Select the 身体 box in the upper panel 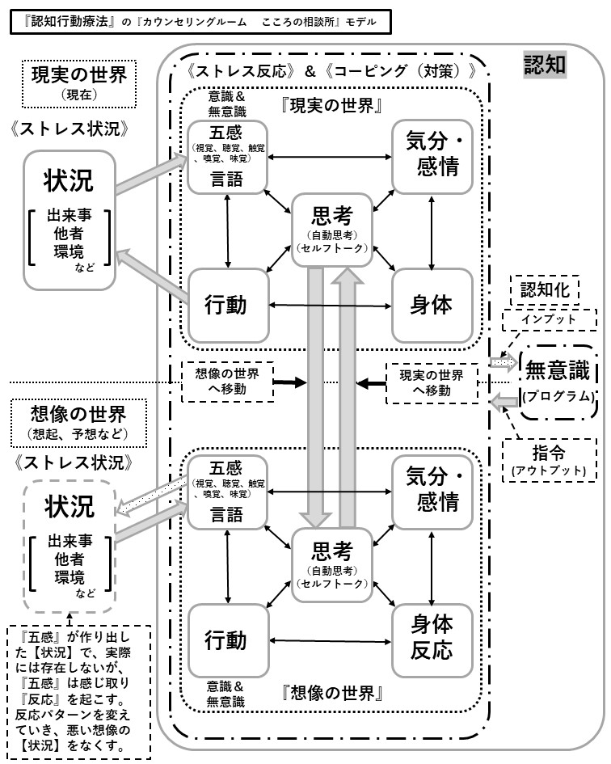tap(431, 305)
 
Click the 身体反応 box tap(431, 638)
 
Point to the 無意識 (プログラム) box tap(560, 382)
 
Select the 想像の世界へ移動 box tap(227, 382)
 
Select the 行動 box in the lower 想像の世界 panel tap(226, 639)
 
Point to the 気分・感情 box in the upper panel tap(431, 155)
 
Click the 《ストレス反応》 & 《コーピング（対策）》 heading tap(331, 70)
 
